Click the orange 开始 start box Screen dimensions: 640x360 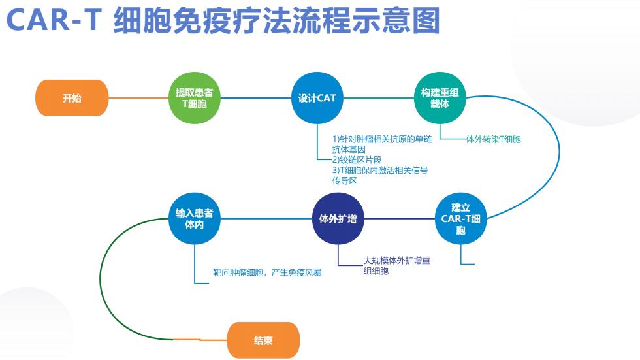(x=72, y=98)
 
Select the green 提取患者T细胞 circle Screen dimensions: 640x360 (x=195, y=98)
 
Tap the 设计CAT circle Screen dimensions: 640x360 (x=317, y=98)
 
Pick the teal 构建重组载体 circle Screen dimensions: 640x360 (x=440, y=98)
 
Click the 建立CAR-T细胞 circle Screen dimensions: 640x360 (x=461, y=219)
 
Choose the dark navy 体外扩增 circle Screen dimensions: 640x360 (x=338, y=219)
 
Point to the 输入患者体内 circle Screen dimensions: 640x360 (x=195, y=219)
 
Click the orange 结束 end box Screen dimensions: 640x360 (x=263, y=340)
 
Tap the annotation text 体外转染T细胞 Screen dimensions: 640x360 (x=494, y=139)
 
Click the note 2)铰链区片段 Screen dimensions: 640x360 (x=357, y=160)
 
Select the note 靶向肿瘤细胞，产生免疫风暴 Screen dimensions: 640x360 (x=267, y=272)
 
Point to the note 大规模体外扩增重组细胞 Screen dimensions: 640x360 (x=397, y=266)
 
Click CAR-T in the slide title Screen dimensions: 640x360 (x=54, y=20)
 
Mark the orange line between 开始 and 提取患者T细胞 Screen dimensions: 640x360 (x=138, y=98)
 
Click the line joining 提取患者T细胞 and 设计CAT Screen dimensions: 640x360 (x=256, y=98)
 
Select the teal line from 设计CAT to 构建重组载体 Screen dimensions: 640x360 (x=379, y=98)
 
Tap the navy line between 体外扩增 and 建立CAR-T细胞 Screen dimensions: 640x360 (x=400, y=219)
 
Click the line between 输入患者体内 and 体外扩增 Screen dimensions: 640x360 (x=266, y=219)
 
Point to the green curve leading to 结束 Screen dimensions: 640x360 (x=101, y=280)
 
